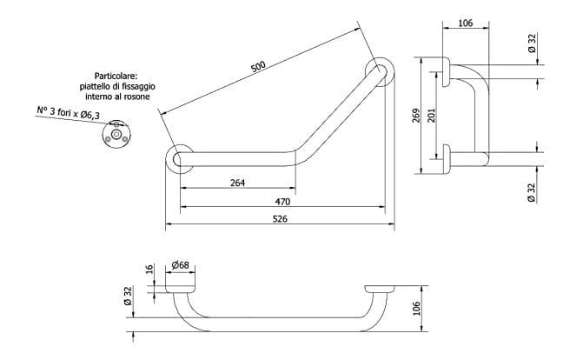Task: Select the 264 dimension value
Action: (236, 183)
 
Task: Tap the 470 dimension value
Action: (282, 202)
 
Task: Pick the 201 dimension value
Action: (431, 116)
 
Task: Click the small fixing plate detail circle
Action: (115, 133)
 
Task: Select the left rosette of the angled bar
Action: (180, 160)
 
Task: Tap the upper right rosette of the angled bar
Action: (380, 71)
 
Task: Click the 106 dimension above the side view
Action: (464, 23)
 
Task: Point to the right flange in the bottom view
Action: (381, 288)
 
